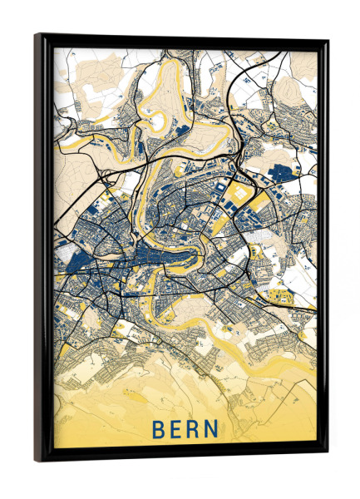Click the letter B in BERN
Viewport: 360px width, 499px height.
click(x=158, y=430)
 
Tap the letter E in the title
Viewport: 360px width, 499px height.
click(x=179, y=430)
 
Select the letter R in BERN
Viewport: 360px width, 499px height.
click(x=198, y=430)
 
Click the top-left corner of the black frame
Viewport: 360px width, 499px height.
click(x=35, y=34)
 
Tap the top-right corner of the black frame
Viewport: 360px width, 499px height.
click(x=328, y=39)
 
